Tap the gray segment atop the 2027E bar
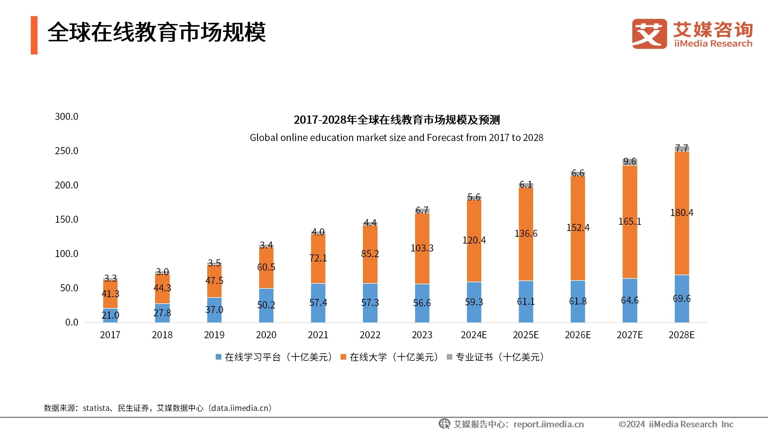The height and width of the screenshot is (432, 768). (x=630, y=162)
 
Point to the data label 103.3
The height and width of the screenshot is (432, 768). (x=422, y=248)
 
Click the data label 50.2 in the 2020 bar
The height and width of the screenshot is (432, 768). (x=266, y=305)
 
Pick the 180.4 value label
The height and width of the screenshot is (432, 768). (x=682, y=212)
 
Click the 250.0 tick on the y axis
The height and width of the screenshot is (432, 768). (x=67, y=151)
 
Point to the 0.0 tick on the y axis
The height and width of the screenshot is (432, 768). (x=72, y=322)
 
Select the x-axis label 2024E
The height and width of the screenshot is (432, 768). (x=474, y=335)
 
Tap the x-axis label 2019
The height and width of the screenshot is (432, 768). (x=214, y=335)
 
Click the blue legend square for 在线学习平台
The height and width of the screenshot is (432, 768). (x=219, y=357)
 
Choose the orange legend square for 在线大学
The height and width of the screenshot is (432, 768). (x=343, y=357)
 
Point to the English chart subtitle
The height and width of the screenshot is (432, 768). (x=396, y=137)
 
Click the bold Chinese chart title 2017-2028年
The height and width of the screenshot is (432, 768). (x=396, y=120)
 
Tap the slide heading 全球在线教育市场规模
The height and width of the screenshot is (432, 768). (x=157, y=32)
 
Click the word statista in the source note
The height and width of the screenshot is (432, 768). (x=96, y=408)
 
